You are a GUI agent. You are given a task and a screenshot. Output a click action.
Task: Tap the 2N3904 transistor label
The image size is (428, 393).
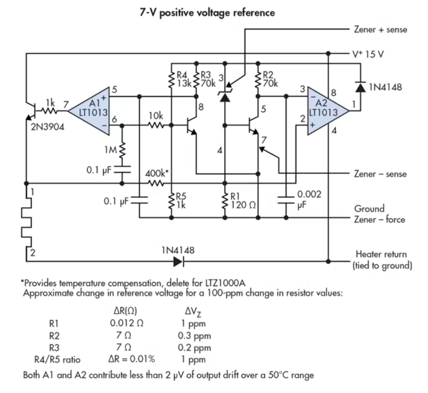48,127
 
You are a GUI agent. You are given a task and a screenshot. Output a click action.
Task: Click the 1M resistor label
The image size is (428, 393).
111,150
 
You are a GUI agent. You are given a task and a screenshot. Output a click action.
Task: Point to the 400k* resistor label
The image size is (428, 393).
156,173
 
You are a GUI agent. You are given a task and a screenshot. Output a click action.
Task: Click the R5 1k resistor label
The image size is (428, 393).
181,201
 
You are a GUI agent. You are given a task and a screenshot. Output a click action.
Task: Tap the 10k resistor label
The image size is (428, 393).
156,116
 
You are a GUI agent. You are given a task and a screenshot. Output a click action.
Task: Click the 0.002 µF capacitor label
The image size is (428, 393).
309,199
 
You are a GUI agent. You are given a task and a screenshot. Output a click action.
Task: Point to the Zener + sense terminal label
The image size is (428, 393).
380,29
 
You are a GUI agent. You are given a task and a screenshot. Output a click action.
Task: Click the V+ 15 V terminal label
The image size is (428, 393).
368,54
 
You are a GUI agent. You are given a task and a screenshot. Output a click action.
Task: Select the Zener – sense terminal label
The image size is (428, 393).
380,174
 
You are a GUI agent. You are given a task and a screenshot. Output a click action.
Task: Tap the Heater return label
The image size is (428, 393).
381,254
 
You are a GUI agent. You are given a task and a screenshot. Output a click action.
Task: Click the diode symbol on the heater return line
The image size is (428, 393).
179,262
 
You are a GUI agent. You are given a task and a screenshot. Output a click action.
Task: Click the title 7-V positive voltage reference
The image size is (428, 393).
207,13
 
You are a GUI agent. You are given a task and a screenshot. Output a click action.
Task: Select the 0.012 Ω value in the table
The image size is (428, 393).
126,323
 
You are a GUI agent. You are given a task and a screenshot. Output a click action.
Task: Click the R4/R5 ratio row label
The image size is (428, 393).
57,359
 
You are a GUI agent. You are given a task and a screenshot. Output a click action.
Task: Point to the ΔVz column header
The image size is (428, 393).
193,311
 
